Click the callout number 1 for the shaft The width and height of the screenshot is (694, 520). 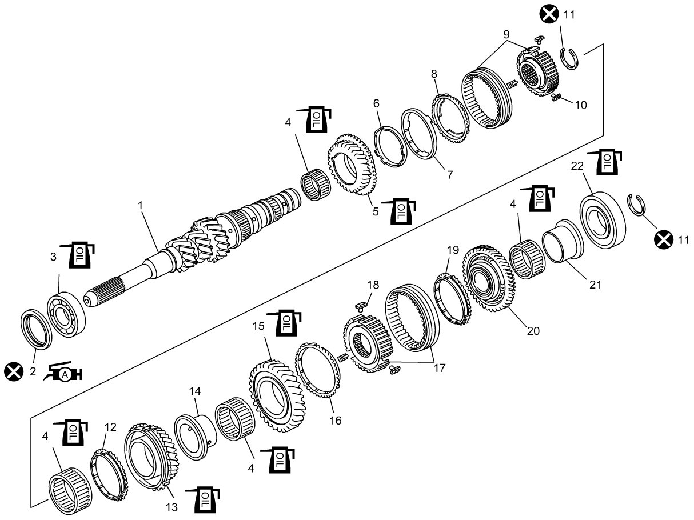(141, 206)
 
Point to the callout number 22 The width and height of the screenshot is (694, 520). (577, 166)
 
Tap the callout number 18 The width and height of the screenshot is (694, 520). (373, 285)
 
